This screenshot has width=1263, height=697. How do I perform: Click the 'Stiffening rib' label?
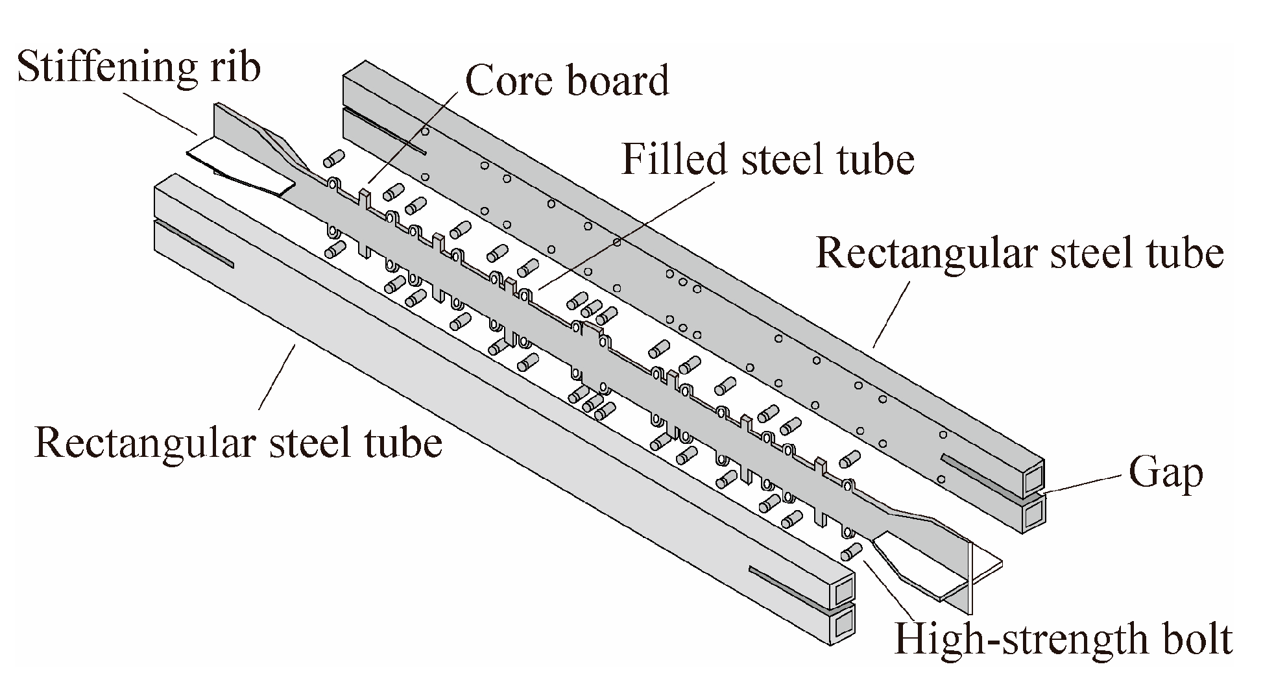click(x=138, y=67)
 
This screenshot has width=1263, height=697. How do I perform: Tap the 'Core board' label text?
click(x=567, y=80)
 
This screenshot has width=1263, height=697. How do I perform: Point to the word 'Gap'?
click(x=1166, y=474)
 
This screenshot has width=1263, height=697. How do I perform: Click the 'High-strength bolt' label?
click(x=1063, y=639)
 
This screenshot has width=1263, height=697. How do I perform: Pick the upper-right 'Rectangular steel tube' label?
click(x=1019, y=252)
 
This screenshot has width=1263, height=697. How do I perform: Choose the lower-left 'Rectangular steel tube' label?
click(x=238, y=443)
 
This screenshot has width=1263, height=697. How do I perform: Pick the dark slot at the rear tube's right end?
click(x=979, y=473)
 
